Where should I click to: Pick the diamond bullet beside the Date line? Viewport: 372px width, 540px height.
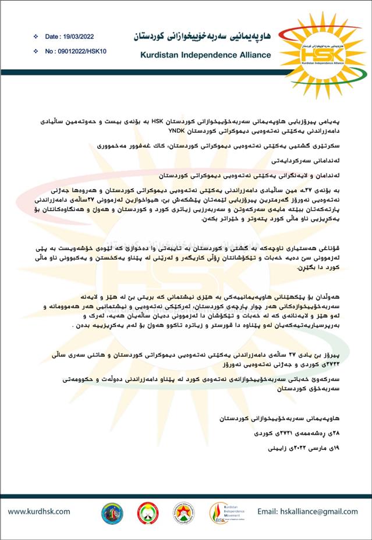pyautogui.click(x=36, y=37)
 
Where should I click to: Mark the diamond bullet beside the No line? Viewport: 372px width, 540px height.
pyautogui.click(x=36, y=51)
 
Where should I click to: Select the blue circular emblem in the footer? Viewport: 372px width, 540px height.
pyautogui.click(x=112, y=513)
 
